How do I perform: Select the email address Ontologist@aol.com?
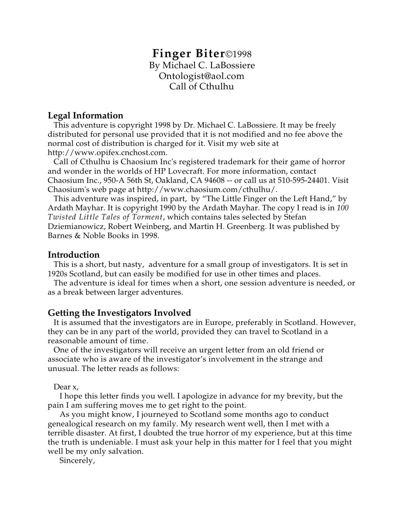(201, 76)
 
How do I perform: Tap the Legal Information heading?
(85, 115)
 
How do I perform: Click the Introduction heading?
(73, 255)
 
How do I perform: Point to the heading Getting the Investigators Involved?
(119, 313)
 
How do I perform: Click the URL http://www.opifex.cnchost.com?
(107, 153)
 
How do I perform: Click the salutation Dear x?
(66, 387)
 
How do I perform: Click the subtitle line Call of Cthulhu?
(201, 86)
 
